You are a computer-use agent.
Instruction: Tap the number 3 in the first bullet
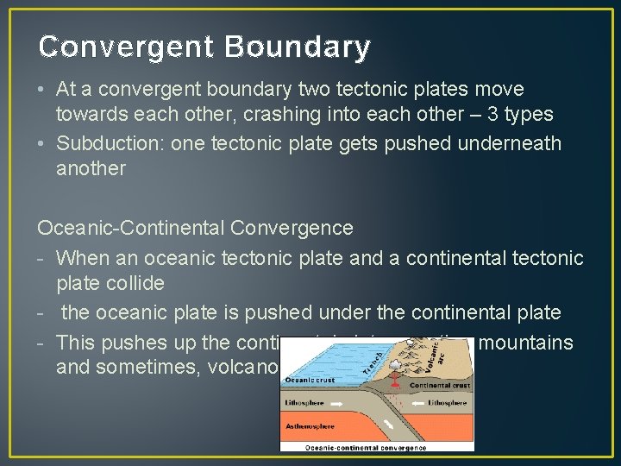[x=480, y=115]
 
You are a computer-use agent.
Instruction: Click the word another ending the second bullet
[x=91, y=168]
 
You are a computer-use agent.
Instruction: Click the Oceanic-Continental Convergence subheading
[x=195, y=228]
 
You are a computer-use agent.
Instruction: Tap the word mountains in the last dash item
[x=525, y=343]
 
